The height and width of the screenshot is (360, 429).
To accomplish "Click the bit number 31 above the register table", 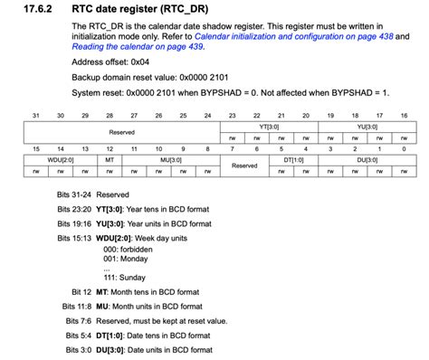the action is click(35, 116).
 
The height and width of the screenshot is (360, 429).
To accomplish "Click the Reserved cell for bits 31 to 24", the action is click(121, 131).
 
